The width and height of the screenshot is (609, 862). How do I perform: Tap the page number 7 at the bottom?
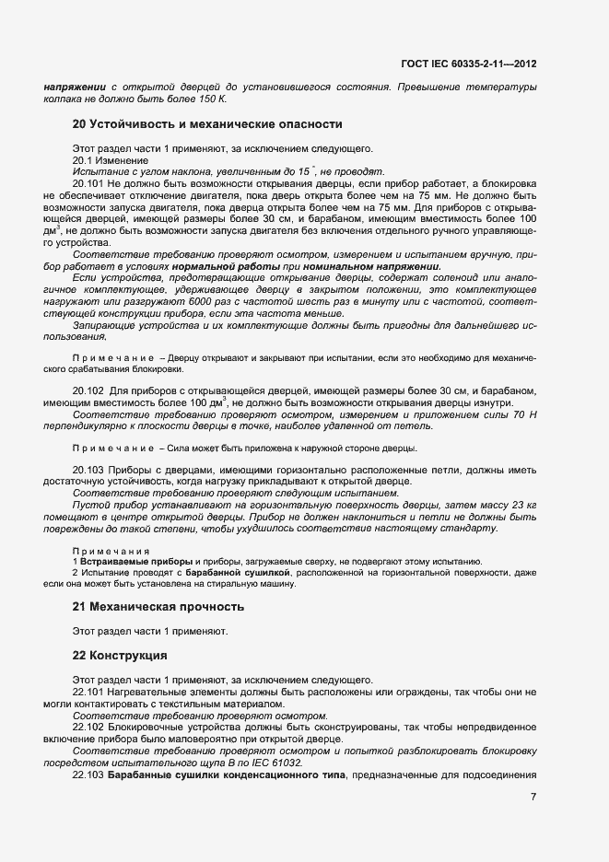(533, 797)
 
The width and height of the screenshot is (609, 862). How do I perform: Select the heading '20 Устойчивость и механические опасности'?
(207, 123)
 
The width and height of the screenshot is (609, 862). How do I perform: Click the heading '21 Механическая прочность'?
(158, 606)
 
